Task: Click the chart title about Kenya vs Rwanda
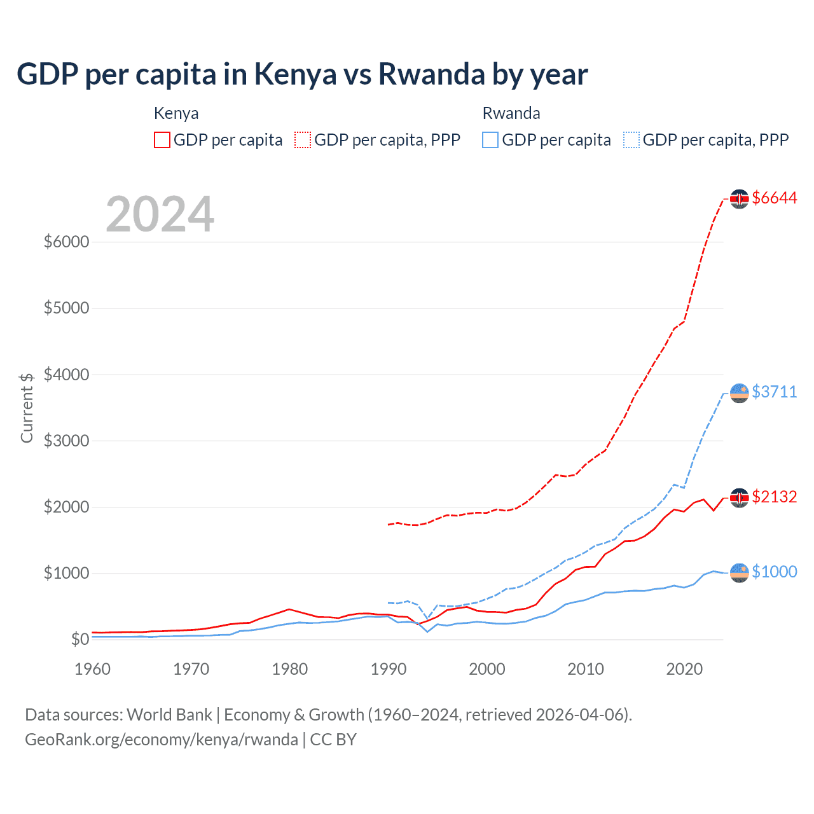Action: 302,74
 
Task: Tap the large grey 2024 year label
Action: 160,215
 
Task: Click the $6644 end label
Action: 774,198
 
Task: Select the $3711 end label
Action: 774,392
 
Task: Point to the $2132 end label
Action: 774,497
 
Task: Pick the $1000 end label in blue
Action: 774,572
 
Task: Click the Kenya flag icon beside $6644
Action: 739,199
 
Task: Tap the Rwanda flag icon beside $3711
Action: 739,393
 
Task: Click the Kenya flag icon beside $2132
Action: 739,498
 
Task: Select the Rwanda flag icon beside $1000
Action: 739,573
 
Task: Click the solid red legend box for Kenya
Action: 162,140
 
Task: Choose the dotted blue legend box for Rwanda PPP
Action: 631,140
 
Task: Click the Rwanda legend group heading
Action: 511,113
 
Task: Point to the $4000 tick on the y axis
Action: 66,375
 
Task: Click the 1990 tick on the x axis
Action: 388,669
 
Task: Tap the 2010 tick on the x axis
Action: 585,669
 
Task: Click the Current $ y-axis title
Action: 27,408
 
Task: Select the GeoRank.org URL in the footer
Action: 162,740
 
